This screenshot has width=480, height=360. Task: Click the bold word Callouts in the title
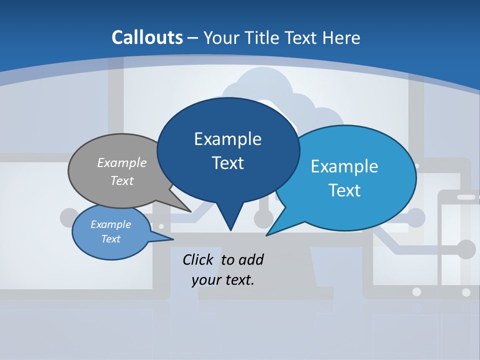click(147, 37)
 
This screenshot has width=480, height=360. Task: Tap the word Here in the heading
click(341, 37)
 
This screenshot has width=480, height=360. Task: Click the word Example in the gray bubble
click(122, 162)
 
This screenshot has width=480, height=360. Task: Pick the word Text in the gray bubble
click(122, 180)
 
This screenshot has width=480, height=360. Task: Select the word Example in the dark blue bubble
click(227, 139)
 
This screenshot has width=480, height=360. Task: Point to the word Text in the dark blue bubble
click(227, 163)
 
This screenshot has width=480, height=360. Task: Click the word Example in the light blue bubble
click(344, 166)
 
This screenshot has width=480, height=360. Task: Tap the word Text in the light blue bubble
click(344, 190)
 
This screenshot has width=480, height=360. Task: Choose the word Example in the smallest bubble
click(110, 224)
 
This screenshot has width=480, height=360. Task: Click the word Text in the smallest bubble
click(110, 239)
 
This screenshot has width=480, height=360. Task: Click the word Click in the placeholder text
click(199, 259)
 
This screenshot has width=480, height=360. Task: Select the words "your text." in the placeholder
click(223, 280)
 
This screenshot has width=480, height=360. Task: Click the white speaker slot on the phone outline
click(466, 197)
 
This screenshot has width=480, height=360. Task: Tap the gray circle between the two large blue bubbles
click(263, 218)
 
